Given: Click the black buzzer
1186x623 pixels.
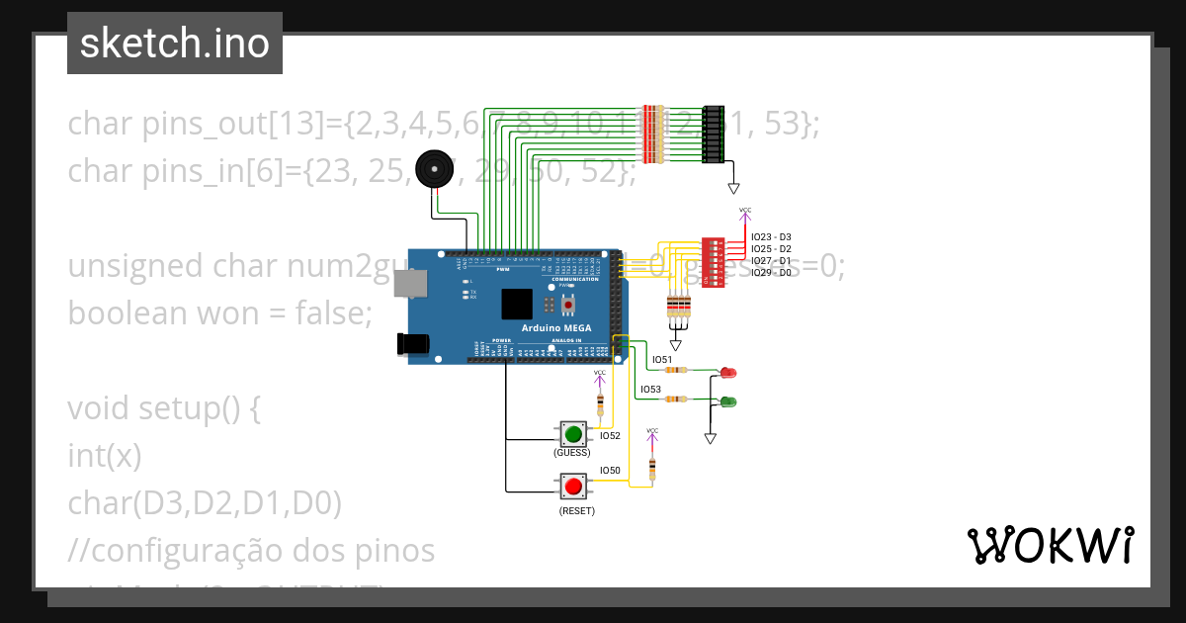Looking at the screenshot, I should (x=433, y=169).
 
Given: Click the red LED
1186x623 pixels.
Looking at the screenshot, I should (x=728, y=372).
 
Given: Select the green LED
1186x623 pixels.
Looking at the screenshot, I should (x=728, y=400).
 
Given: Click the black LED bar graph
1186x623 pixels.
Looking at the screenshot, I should (x=713, y=134).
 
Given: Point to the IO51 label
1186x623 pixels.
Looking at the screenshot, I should (x=661, y=360).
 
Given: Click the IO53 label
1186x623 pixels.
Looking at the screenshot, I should (x=650, y=390).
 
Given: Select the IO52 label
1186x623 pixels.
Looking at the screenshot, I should (x=610, y=436).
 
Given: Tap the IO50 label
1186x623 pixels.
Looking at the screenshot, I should (x=610, y=471).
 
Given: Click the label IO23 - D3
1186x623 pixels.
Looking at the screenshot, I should (x=770, y=237).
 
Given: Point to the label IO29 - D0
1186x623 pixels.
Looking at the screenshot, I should (x=770, y=272).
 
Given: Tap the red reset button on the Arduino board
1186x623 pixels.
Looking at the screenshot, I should (x=568, y=305).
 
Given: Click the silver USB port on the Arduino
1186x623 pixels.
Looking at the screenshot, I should (x=409, y=285).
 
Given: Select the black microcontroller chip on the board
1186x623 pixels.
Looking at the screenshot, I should (x=517, y=304).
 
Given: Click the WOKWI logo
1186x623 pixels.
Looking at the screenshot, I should (x=1050, y=545).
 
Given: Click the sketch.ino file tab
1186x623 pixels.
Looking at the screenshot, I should (x=175, y=44).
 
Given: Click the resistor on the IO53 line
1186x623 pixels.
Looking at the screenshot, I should (x=676, y=400).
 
